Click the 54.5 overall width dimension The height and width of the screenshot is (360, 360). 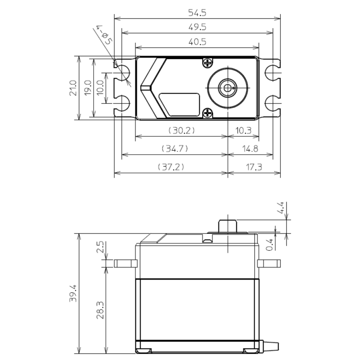point(197,13)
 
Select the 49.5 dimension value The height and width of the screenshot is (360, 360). point(197,27)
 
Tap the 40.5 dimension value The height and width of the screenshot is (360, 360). point(197,42)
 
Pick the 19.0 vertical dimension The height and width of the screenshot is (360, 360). point(88,88)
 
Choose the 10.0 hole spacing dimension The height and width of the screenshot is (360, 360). point(100,88)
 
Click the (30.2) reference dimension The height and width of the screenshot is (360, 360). point(181,130)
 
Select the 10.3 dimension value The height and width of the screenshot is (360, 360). point(243,130)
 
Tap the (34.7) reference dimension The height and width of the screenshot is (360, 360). point(175,148)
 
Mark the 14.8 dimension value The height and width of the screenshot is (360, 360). point(250,148)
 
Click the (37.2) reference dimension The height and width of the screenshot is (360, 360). point(171,167)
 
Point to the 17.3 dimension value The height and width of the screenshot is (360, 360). point(254,167)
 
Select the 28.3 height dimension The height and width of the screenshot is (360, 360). point(100,310)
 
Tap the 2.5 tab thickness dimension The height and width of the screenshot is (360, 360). point(100,247)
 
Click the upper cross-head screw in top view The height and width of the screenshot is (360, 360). point(208,63)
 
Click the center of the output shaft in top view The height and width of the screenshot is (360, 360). point(227,88)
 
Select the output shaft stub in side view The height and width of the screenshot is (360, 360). point(227,226)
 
